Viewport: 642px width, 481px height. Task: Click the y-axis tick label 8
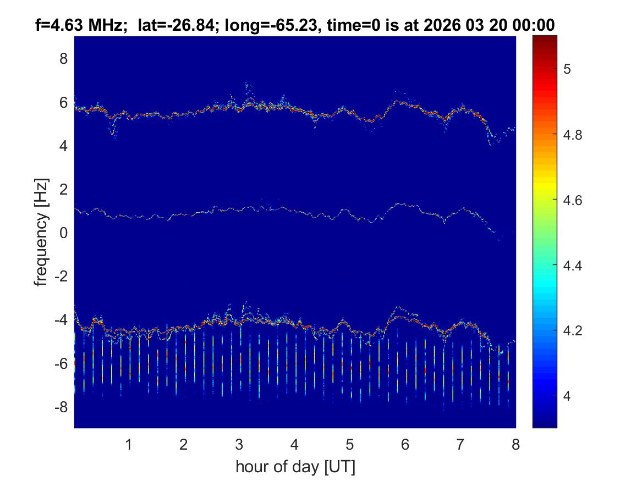pyautogui.click(x=64, y=58)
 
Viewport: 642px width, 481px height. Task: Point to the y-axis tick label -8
pyautogui.click(x=62, y=407)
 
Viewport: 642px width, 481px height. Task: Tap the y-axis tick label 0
pyautogui.click(x=64, y=233)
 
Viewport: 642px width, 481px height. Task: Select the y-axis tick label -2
pyautogui.click(x=62, y=277)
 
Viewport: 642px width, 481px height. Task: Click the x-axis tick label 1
pyautogui.click(x=128, y=445)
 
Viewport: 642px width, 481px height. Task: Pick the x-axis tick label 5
pyautogui.click(x=349, y=445)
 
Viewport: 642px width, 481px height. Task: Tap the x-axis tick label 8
pyautogui.click(x=515, y=445)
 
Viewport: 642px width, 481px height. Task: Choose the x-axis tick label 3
pyautogui.click(x=239, y=445)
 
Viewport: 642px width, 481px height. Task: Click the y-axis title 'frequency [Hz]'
pyautogui.click(x=42, y=232)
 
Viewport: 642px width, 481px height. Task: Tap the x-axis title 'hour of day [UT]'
pyautogui.click(x=295, y=467)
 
